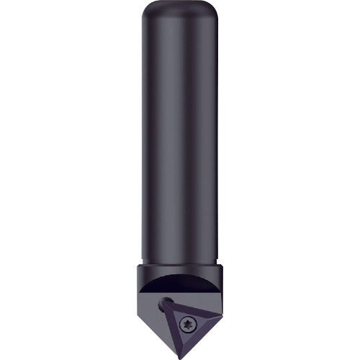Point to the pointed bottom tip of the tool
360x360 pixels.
click(x=179, y=354)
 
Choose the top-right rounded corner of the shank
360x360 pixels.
click(x=213, y=10)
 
